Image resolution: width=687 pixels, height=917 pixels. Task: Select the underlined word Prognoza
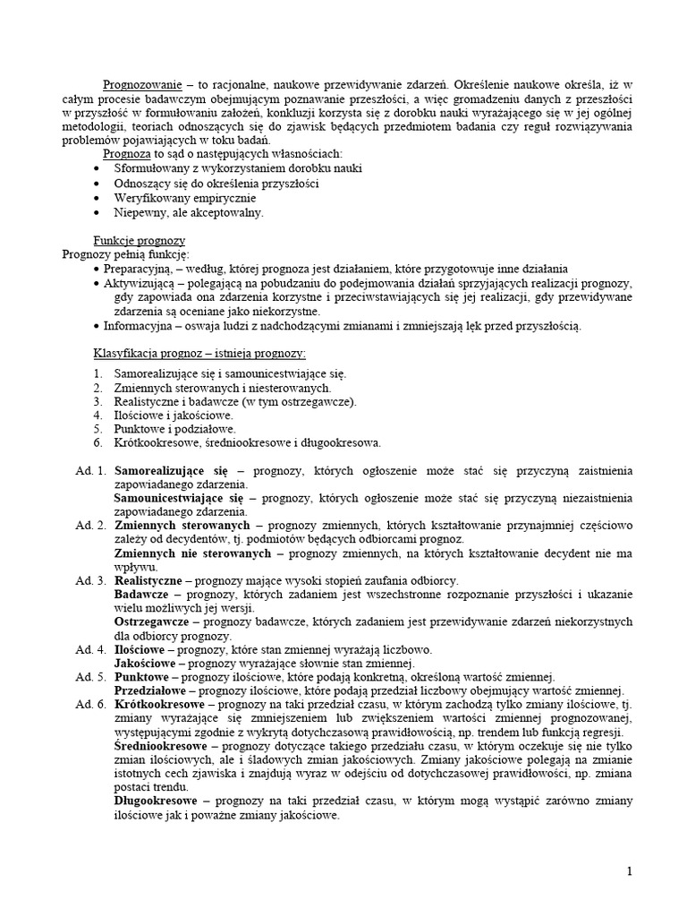[x=122, y=154]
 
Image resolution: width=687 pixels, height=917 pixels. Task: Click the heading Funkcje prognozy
[x=139, y=240]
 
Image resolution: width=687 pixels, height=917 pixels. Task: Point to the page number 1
[x=655, y=871]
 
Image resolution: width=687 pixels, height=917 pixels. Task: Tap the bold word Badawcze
[x=140, y=594]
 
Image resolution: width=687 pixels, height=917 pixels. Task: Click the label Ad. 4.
[x=90, y=649]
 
